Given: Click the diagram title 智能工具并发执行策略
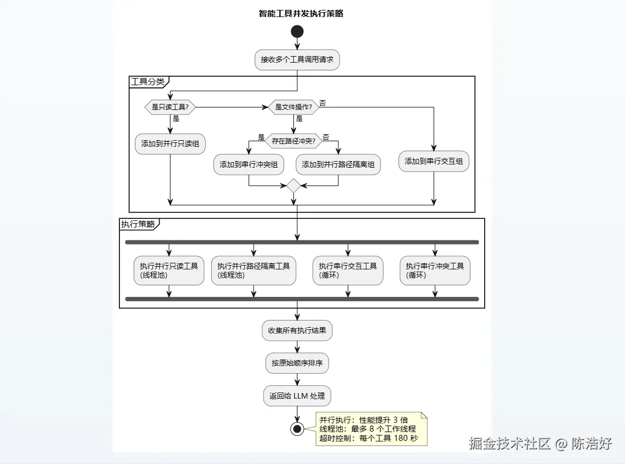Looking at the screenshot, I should pyautogui.click(x=300, y=14).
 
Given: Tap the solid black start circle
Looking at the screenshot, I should pyautogui.click(x=297, y=31).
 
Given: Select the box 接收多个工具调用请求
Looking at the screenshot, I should pyautogui.click(x=297, y=60).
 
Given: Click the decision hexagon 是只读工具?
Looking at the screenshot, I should pyautogui.click(x=170, y=107).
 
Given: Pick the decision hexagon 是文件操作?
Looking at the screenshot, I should pyautogui.click(x=294, y=107).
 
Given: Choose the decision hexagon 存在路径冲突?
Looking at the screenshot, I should pyautogui.click(x=293, y=141).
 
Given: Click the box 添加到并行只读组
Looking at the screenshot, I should pyautogui.click(x=170, y=144).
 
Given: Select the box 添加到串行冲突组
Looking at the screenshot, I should pyautogui.click(x=249, y=164).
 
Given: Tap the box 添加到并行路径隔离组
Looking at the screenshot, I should pyautogui.click(x=338, y=164).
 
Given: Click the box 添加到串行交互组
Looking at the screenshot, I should pyautogui.click(x=434, y=162).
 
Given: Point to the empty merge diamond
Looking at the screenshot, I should pyautogui.click(x=293, y=186).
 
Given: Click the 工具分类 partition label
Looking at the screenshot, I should pyautogui.click(x=147, y=82).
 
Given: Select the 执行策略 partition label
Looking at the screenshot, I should pyautogui.click(x=138, y=224).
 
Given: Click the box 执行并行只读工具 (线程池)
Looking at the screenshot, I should pyautogui.click(x=169, y=270).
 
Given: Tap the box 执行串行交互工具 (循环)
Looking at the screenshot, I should pyautogui.click(x=348, y=270).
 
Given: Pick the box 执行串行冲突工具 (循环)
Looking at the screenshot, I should pyautogui.click(x=435, y=270).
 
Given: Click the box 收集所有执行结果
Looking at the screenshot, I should pyautogui.click(x=297, y=331).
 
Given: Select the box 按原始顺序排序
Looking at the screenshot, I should pyautogui.click(x=297, y=363).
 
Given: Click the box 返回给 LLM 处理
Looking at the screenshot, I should pyautogui.click(x=297, y=396).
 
